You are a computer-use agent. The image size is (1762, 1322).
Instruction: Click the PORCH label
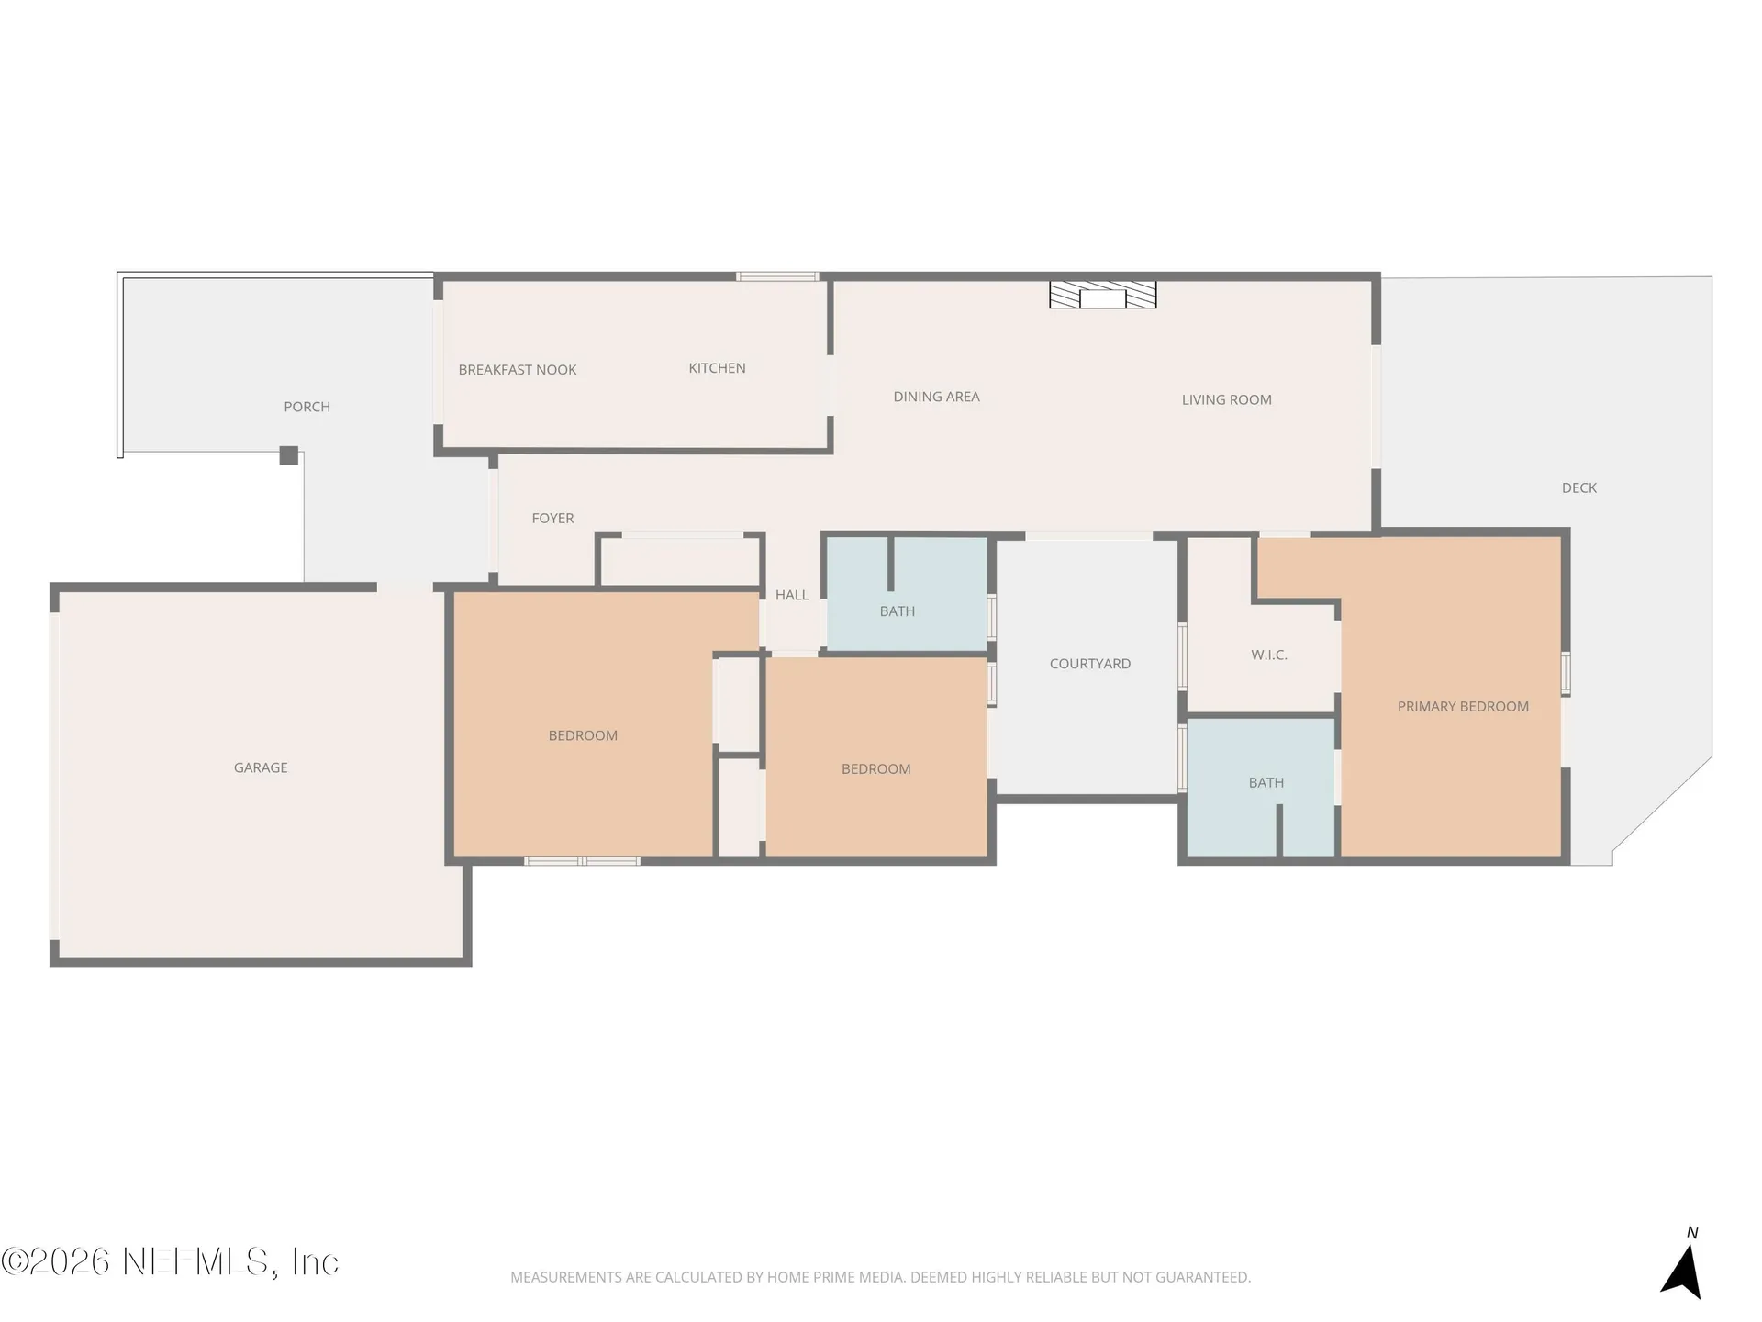[x=307, y=407]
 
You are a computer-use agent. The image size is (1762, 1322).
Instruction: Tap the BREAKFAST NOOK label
[x=518, y=370]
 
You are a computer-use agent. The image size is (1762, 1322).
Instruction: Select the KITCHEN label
[x=717, y=368]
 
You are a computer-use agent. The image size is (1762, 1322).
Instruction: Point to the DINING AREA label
[x=936, y=397]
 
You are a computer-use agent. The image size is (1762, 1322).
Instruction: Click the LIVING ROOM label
[x=1226, y=399]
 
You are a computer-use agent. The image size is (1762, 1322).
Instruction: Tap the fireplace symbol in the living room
[x=1102, y=295]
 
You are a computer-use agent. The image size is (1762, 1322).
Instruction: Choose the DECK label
[x=1578, y=488]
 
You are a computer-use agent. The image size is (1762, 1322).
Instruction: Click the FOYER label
[x=552, y=519]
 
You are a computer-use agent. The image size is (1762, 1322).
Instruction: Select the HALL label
[x=791, y=595]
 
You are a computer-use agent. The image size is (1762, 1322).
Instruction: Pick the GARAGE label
[x=261, y=767]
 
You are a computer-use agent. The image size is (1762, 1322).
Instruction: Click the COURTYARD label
[x=1089, y=664]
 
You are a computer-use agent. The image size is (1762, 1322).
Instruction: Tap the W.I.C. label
[x=1268, y=655]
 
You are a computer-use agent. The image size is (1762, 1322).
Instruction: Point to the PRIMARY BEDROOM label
[x=1463, y=707]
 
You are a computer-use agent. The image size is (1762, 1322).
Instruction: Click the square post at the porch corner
[x=288, y=455]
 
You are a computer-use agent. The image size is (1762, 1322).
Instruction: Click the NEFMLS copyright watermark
[x=170, y=1261]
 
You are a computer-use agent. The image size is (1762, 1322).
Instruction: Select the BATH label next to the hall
[x=897, y=611]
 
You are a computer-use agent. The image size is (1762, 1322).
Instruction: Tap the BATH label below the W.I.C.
[x=1266, y=783]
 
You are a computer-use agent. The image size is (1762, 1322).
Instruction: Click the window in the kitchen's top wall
[x=776, y=276]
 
